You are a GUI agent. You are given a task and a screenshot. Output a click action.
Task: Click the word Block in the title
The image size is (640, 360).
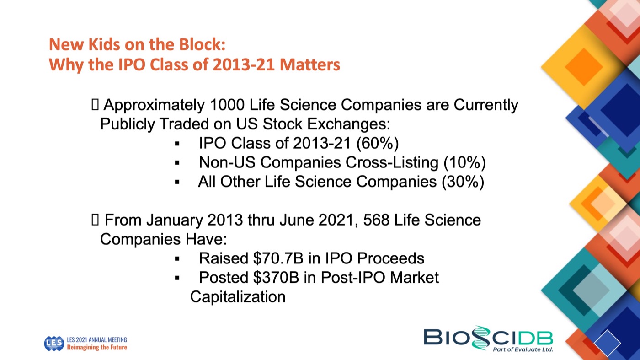click(202, 44)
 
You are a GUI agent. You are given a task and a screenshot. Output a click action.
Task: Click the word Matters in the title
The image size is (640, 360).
click(310, 64)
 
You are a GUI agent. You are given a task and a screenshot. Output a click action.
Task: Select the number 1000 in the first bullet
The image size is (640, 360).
click(227, 105)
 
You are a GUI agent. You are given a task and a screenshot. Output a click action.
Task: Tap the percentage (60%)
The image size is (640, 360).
click(378, 143)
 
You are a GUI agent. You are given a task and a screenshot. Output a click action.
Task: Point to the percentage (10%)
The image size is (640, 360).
click(464, 162)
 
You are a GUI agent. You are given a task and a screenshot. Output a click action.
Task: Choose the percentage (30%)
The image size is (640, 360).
click(463, 182)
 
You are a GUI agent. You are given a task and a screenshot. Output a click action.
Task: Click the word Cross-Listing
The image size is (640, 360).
click(392, 162)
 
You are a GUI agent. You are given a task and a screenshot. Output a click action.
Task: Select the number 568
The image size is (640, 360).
click(376, 220)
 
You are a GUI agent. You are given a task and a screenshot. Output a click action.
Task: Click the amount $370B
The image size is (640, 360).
click(276, 277)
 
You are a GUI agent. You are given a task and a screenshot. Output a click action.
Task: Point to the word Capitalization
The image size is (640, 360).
click(238, 297)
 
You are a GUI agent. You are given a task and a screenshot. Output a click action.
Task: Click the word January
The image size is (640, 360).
click(175, 220)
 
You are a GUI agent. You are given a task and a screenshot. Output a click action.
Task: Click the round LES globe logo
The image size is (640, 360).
click(54, 344)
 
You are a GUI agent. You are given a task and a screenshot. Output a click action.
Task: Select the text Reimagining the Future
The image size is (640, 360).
click(97, 347)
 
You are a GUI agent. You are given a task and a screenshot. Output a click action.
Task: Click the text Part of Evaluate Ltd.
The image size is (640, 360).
click(523, 349)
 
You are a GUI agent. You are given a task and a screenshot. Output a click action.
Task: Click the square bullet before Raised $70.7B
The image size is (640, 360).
click(177, 259)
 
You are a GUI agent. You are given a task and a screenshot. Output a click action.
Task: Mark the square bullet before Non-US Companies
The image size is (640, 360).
click(177, 163)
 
